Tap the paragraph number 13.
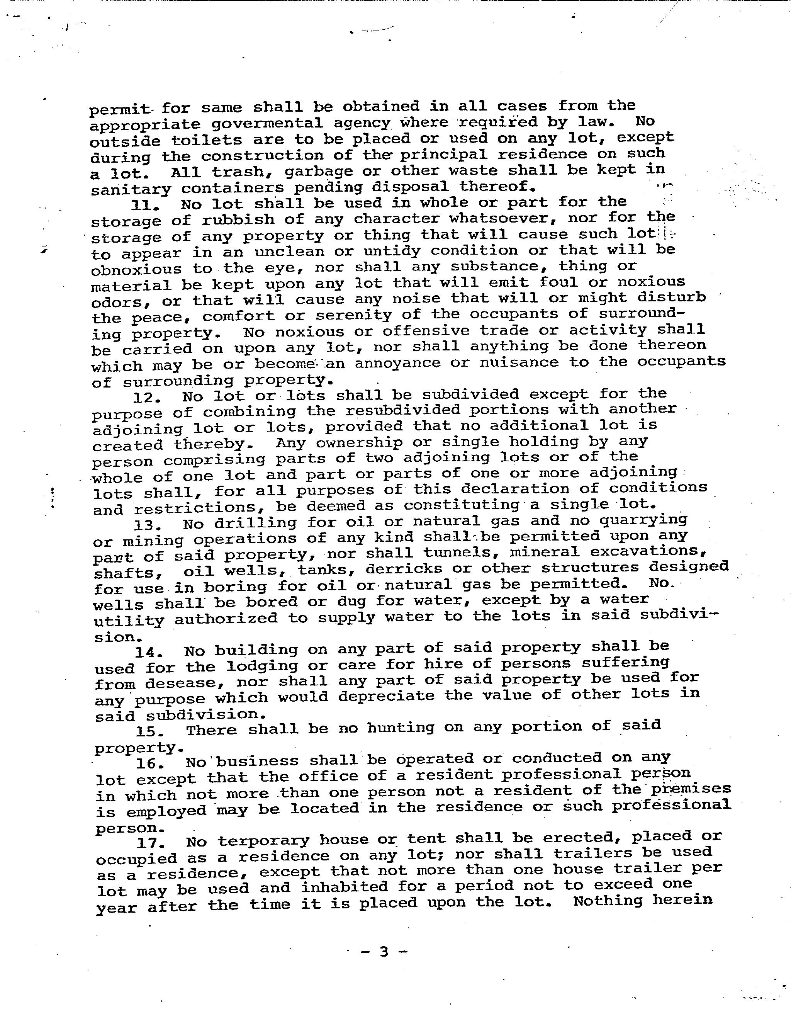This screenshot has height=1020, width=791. [148, 524]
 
